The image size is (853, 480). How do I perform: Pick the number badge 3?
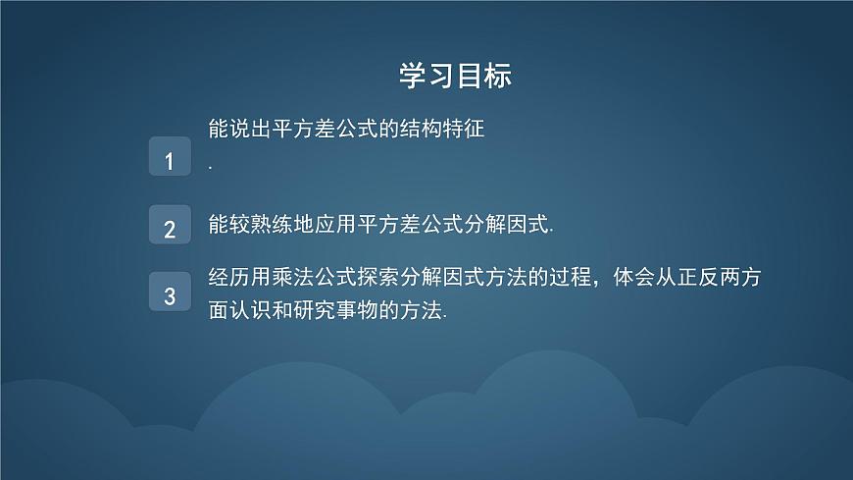[170, 293]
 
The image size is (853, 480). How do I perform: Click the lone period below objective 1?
[211, 168]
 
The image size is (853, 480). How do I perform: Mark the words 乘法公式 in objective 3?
[312, 279]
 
